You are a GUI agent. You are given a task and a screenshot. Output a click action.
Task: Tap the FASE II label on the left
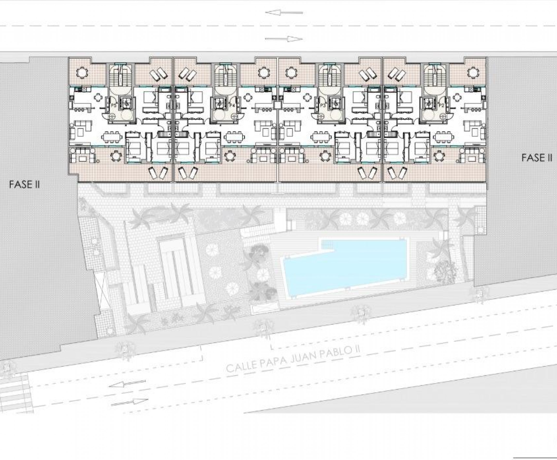(24, 184)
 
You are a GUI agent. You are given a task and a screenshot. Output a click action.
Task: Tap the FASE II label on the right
(537, 158)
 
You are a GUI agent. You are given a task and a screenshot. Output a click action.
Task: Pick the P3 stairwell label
(322, 106)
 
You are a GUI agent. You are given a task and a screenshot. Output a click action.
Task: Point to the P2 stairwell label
(441, 106)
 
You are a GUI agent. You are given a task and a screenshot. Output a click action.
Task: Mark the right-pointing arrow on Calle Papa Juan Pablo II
(129, 402)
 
